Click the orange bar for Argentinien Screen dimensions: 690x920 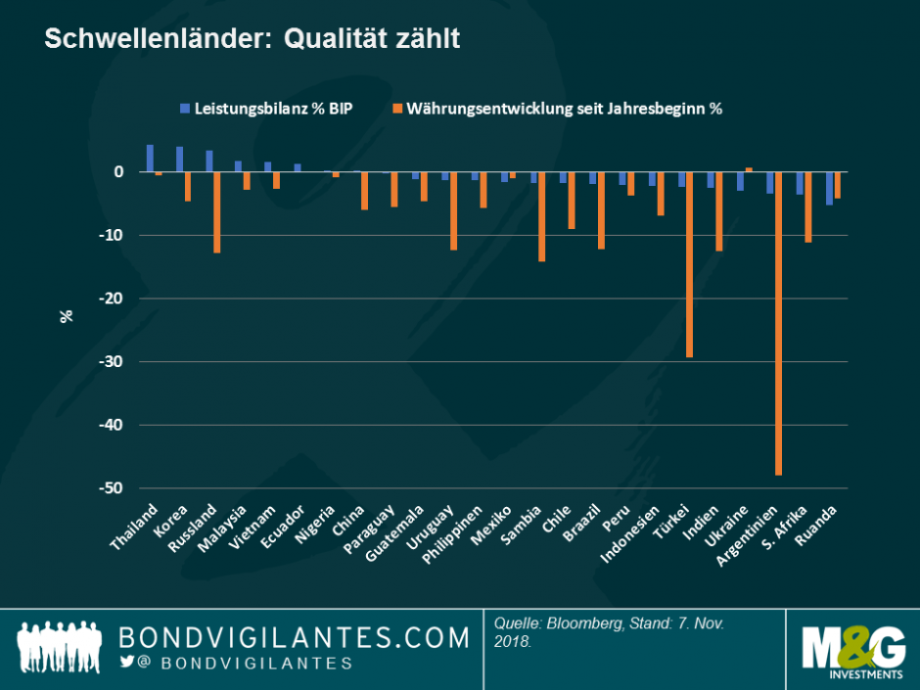tap(779, 323)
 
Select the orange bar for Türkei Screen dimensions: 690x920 tap(690, 264)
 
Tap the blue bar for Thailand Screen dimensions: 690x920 tap(150, 158)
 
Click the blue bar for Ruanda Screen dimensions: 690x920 tap(829, 188)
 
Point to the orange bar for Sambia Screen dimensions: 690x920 tap(541, 216)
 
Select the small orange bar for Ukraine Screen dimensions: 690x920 tap(749, 169)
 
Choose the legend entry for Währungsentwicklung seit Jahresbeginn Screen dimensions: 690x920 tap(563, 109)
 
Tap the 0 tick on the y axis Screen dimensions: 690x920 tap(118, 172)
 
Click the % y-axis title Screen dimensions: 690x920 tap(68, 316)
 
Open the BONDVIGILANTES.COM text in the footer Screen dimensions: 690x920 tap(294, 638)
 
